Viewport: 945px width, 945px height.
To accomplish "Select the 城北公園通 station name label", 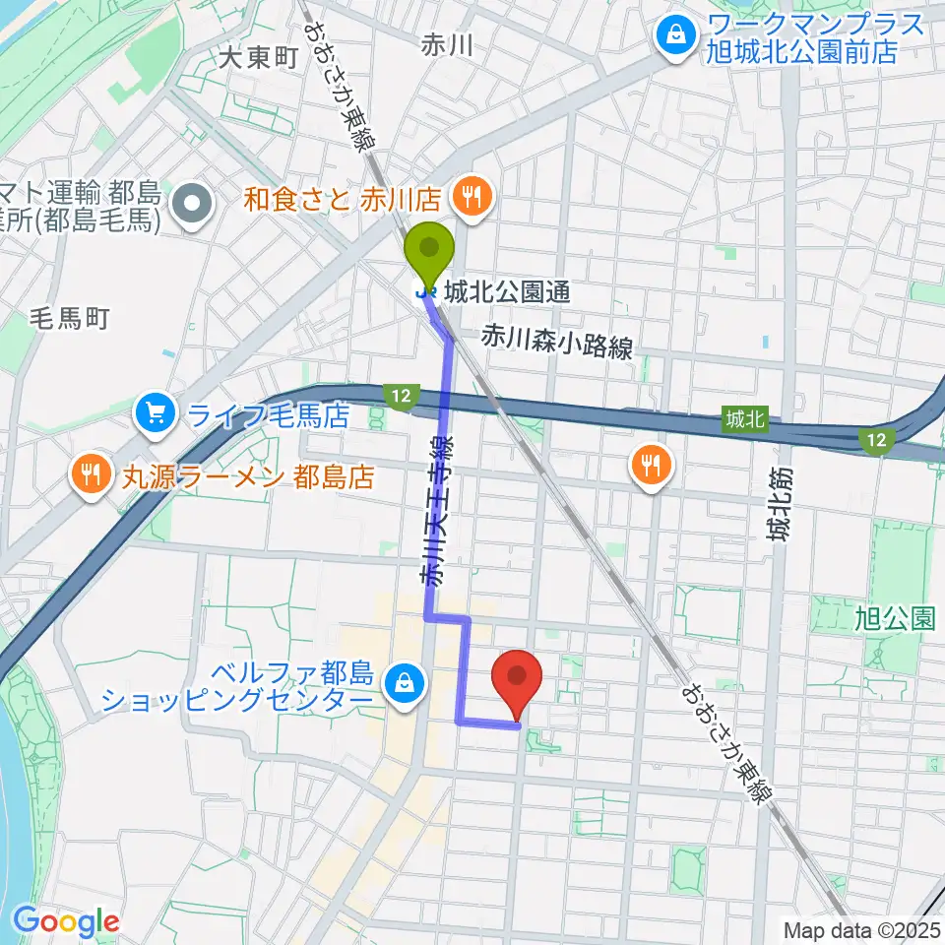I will coord(506,292).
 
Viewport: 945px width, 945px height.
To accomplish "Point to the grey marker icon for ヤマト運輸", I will coord(192,205).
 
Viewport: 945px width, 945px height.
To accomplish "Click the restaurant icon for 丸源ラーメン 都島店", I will coord(91,477).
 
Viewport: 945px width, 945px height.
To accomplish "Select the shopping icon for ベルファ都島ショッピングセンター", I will coord(404,679).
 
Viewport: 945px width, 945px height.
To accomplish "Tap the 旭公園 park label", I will coord(894,618).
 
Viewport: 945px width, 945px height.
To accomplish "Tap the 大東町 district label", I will coord(258,58).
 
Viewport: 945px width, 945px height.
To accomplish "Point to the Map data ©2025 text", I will coord(862,929).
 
